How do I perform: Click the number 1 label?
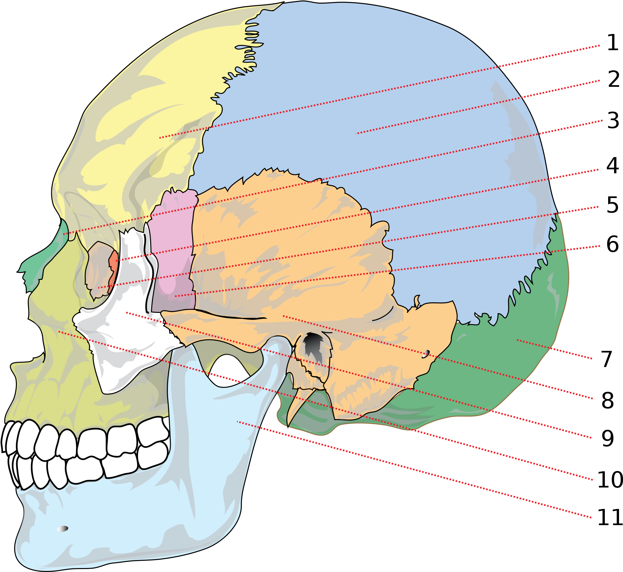pos(613,43)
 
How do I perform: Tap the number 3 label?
pos(613,120)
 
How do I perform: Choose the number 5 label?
pos(612,205)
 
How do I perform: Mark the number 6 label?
pos(613,244)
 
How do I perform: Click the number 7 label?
pos(607,359)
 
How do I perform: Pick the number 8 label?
pos(607,400)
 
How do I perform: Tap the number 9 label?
pos(607,438)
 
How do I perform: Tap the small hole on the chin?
pos(62,529)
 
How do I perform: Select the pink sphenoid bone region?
pos(172,251)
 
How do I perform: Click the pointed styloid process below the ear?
pos(299,406)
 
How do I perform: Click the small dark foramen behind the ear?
pos(426,354)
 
